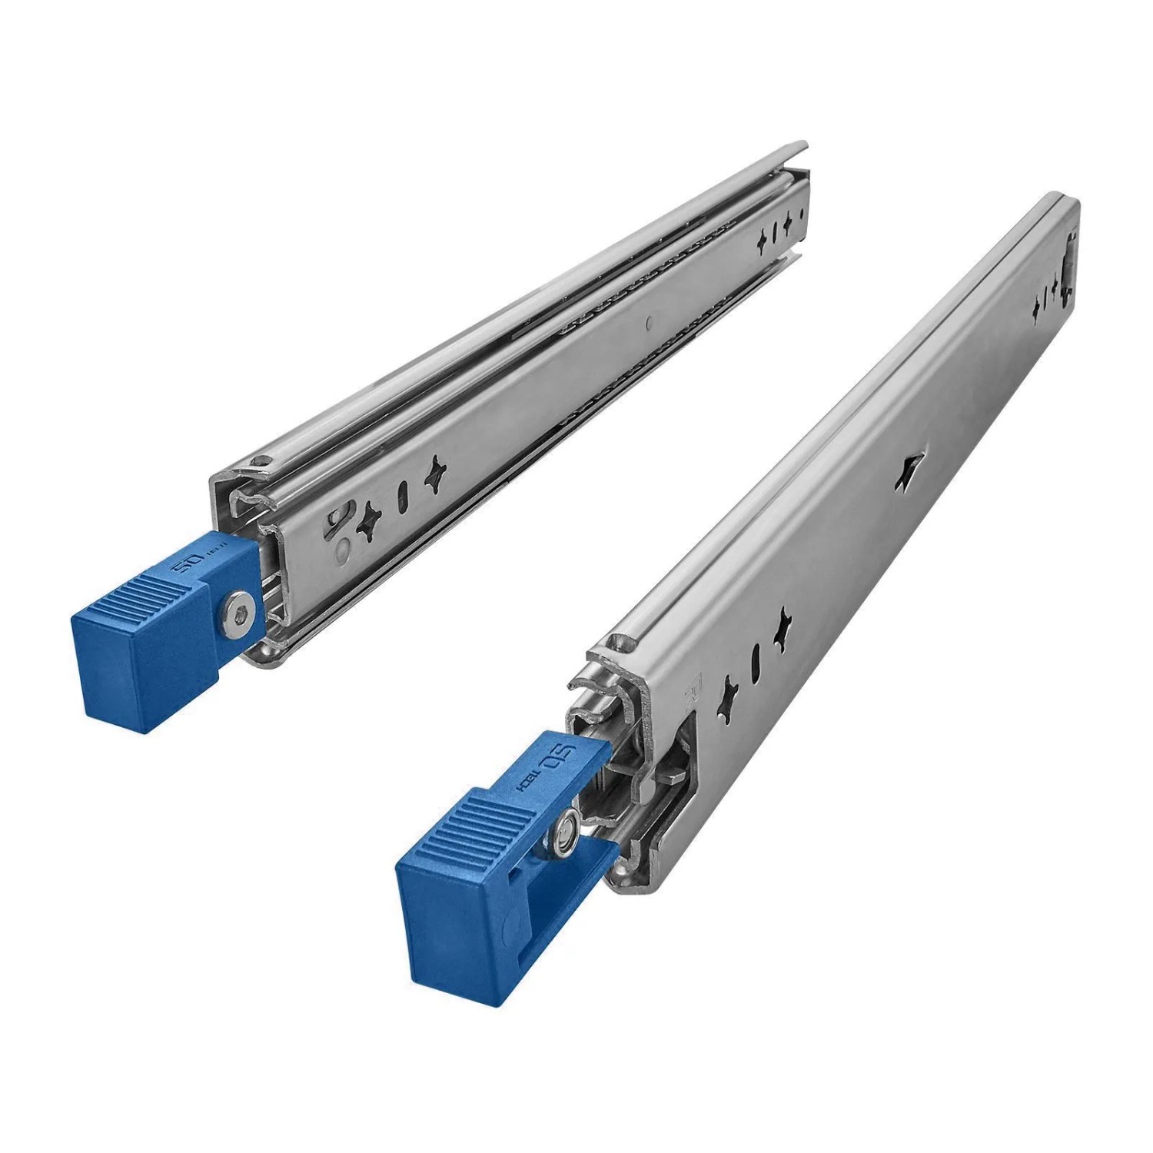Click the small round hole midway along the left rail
point(650,324)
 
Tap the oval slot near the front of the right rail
point(756,658)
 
